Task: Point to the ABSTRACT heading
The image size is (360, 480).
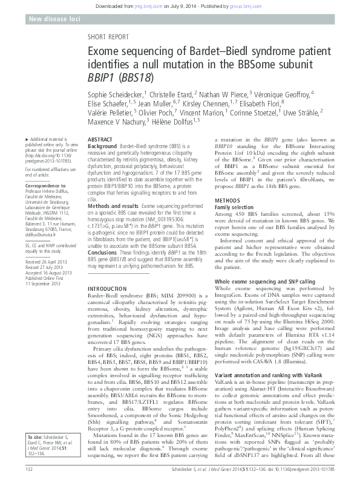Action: tap(100, 139)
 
